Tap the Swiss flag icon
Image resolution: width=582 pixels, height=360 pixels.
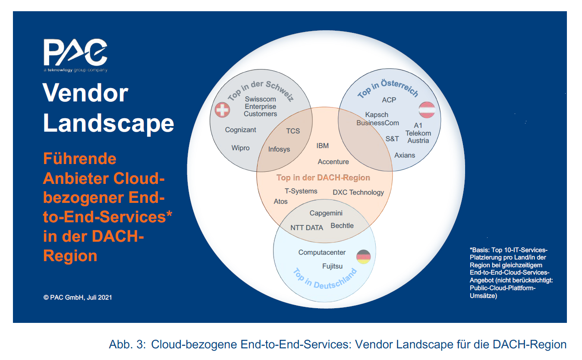[222, 111]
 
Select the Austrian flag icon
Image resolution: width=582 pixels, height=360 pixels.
[426, 109]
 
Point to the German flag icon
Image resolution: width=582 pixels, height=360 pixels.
[363, 257]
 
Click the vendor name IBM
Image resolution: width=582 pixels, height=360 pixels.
[322, 146]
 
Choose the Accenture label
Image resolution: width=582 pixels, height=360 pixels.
[333, 162]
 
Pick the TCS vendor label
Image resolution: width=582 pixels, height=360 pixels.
[293, 131]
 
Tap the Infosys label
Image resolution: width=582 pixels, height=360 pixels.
[279, 149]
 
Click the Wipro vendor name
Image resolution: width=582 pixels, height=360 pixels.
[240, 148]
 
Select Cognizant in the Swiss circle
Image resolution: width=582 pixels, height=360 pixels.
[240, 130]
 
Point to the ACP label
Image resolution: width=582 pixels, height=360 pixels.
[389, 100]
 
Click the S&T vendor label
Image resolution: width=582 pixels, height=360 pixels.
[392, 139]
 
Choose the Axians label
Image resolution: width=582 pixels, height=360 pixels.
[405, 155]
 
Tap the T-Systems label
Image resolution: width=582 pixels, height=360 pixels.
[301, 191]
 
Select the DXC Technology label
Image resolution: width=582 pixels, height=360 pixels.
[358, 193]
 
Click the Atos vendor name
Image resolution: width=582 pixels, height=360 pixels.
[280, 202]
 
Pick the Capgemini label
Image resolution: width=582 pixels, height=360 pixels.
[326, 213]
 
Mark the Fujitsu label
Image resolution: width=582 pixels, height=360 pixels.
[332, 266]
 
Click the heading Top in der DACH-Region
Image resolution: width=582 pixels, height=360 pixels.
[323, 178]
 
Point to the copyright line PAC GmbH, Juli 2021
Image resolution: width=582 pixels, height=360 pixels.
[78, 297]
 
